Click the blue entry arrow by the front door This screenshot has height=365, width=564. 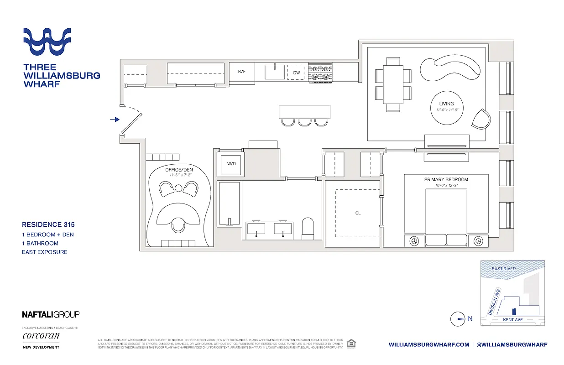click(x=115, y=120)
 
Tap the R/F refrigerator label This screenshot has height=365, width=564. click(x=242, y=72)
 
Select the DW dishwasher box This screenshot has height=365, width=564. click(x=297, y=73)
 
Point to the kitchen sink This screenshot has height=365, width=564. click(x=275, y=72)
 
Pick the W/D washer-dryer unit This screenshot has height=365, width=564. click(x=231, y=164)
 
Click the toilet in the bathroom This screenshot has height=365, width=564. click(x=308, y=228)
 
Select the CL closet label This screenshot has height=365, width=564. click(x=358, y=213)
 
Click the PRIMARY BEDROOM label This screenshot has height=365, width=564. click(x=446, y=179)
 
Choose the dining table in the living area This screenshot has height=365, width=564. click(x=393, y=84)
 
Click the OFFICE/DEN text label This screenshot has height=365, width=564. click(x=179, y=170)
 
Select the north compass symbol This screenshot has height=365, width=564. click(x=457, y=319)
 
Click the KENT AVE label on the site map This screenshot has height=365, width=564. click(x=512, y=320)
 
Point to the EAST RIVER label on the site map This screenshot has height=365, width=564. click(x=504, y=269)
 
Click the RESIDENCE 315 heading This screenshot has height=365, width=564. click(x=48, y=224)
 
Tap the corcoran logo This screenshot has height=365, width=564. click(x=41, y=336)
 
